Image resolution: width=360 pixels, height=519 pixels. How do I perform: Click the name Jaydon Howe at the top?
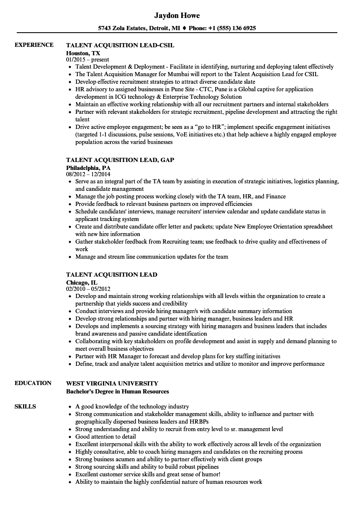tap(177, 15)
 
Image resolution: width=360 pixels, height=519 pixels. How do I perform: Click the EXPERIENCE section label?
tap(34, 45)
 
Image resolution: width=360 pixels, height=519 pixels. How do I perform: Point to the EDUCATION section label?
tap(33, 383)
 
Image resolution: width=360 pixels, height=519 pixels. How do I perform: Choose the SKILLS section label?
tap(25, 406)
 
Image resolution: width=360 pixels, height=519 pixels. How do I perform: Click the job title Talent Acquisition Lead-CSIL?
tap(120, 45)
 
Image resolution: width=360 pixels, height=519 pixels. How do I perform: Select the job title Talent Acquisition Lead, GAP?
tap(120, 160)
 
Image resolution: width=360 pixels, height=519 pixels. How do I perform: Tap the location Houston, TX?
tap(83, 53)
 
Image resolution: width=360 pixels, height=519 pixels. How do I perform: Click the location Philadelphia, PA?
tap(88, 168)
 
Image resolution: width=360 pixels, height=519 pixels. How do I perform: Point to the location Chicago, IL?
tap(82, 283)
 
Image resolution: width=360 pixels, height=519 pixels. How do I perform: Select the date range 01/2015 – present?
tap(87, 60)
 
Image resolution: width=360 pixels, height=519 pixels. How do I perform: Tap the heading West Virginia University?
tap(112, 383)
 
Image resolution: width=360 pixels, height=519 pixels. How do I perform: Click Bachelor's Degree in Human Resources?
tap(118, 391)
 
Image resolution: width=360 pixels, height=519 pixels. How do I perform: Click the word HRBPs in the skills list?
tap(199, 421)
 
